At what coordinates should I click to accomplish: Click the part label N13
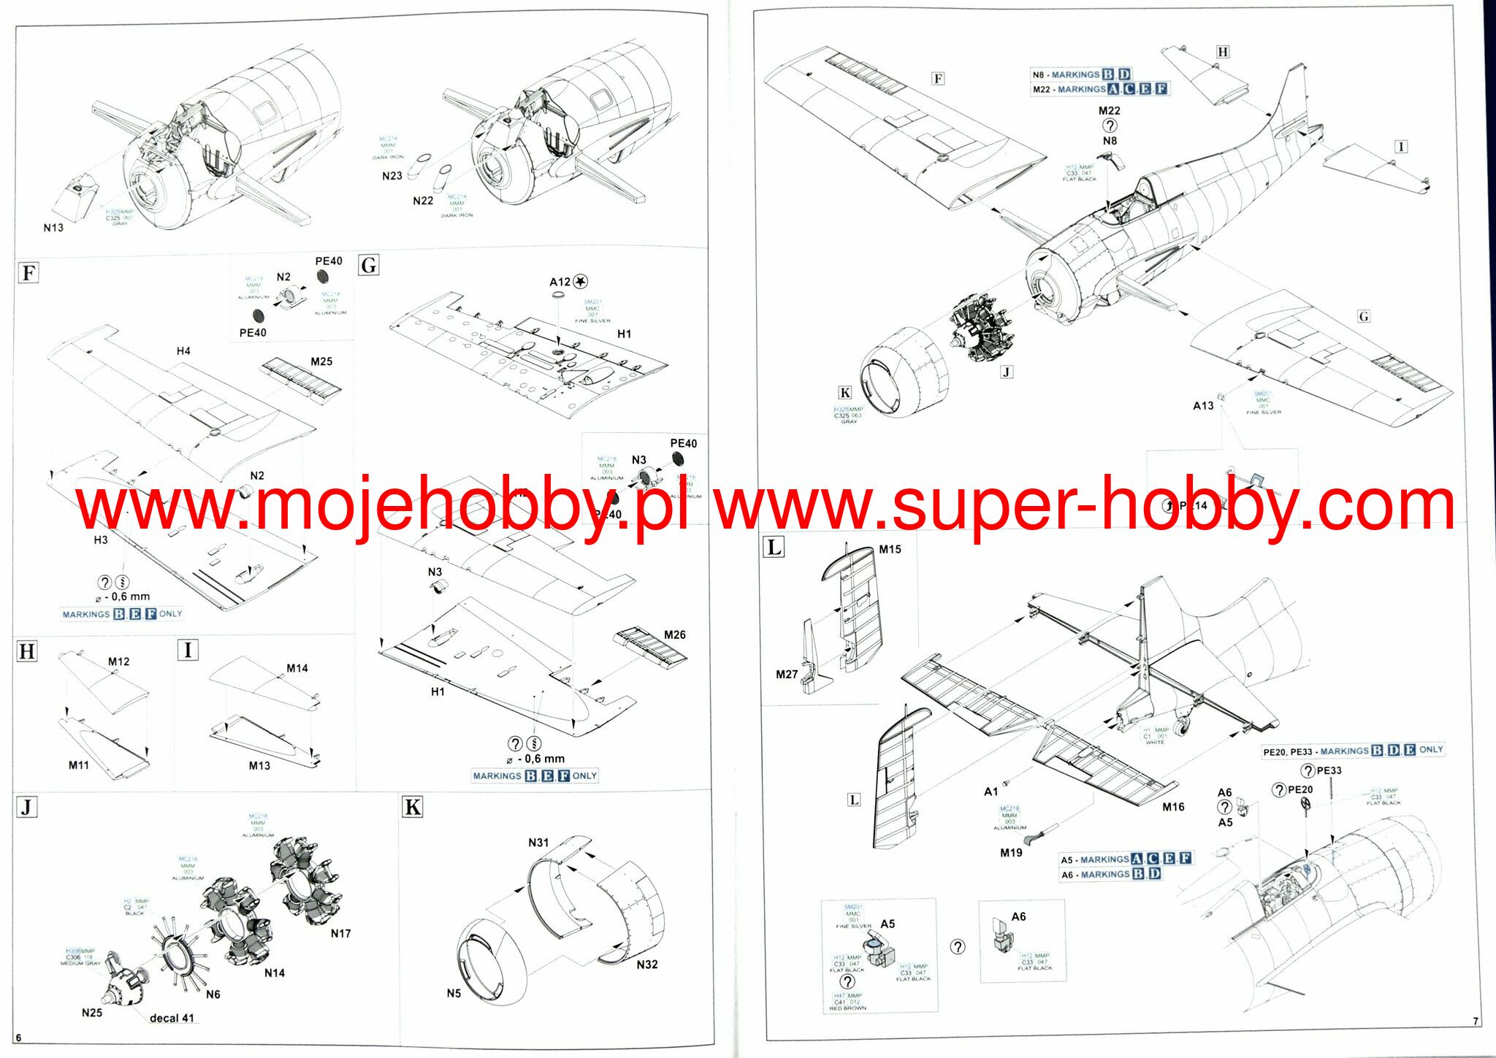click(x=53, y=228)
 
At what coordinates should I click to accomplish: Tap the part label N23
click(x=392, y=176)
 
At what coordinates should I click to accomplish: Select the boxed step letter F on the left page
click(x=28, y=273)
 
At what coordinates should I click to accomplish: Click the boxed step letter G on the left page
click(x=369, y=265)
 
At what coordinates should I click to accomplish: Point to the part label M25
click(x=321, y=361)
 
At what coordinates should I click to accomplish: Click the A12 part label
click(x=560, y=282)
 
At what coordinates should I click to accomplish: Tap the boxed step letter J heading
click(x=27, y=808)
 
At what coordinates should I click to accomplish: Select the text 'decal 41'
click(x=172, y=1018)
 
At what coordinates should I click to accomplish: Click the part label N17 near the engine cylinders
click(x=340, y=933)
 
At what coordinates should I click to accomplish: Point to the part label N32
click(x=646, y=965)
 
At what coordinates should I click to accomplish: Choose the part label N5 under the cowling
click(x=454, y=993)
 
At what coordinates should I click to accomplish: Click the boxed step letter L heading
click(x=773, y=547)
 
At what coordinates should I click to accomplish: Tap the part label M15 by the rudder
click(x=890, y=549)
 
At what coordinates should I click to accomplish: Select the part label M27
click(x=787, y=674)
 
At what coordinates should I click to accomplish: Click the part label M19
click(x=1011, y=853)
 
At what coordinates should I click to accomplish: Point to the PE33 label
click(x=1329, y=770)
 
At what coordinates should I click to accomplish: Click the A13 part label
click(x=1203, y=405)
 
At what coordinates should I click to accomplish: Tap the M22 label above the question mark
click(x=1109, y=111)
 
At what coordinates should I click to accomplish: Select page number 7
click(x=1476, y=1021)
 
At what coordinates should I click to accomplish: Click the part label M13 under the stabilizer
click(x=259, y=765)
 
